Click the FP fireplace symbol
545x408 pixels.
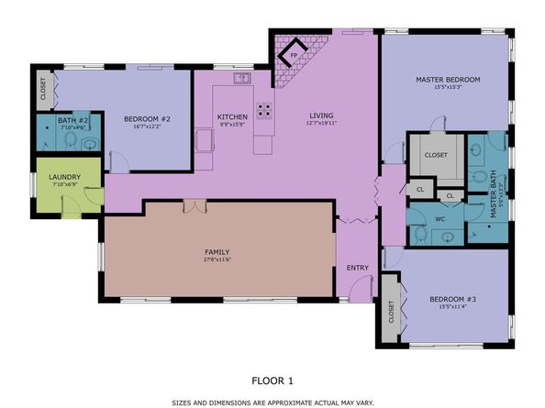tap(294, 54)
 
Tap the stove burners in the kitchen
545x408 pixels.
tap(263, 110)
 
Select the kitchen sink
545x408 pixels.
tap(241, 79)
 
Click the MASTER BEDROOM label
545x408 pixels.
tap(447, 80)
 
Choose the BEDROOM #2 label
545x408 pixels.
tap(146, 117)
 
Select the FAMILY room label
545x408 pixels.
tap(217, 252)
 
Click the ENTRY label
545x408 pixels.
tap(356, 268)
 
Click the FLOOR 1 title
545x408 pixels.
tap(272, 378)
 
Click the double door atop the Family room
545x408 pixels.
tap(195, 206)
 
